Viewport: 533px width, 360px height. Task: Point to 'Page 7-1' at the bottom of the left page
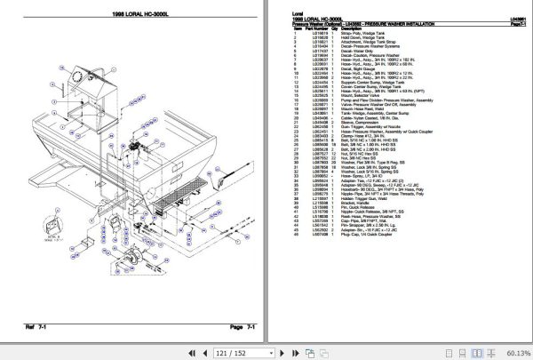pyautogui.click(x=242, y=328)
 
